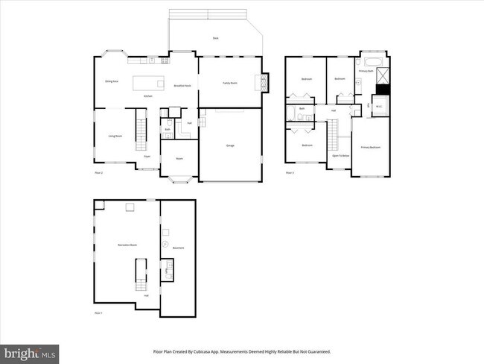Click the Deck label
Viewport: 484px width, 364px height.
215,37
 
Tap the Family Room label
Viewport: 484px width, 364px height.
229,83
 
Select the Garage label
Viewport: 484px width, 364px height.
231,145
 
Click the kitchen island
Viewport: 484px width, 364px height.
148,81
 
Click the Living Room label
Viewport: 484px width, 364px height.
115,136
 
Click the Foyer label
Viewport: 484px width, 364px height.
147,156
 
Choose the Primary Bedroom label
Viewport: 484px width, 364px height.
370,147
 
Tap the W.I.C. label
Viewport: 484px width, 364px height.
379,105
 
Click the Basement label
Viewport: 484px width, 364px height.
178,248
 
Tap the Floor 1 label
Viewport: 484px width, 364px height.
98,313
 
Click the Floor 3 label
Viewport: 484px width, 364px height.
289,173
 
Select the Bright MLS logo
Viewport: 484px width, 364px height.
30,351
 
